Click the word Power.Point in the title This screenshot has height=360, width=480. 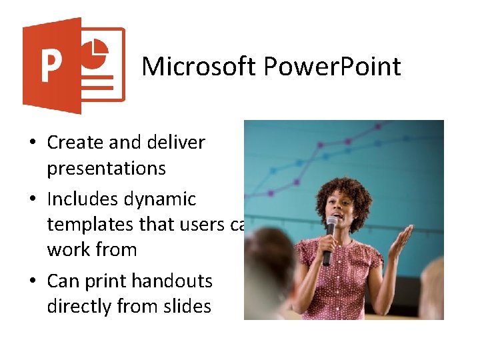click(x=333, y=67)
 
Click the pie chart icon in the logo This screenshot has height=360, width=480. click(x=97, y=51)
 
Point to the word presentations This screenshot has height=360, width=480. click(x=106, y=168)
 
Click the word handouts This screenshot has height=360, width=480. click(x=172, y=281)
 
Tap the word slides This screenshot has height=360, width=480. click(x=190, y=307)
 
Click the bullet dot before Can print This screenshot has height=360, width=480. click(x=32, y=282)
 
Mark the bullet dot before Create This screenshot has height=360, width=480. click(x=32, y=143)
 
